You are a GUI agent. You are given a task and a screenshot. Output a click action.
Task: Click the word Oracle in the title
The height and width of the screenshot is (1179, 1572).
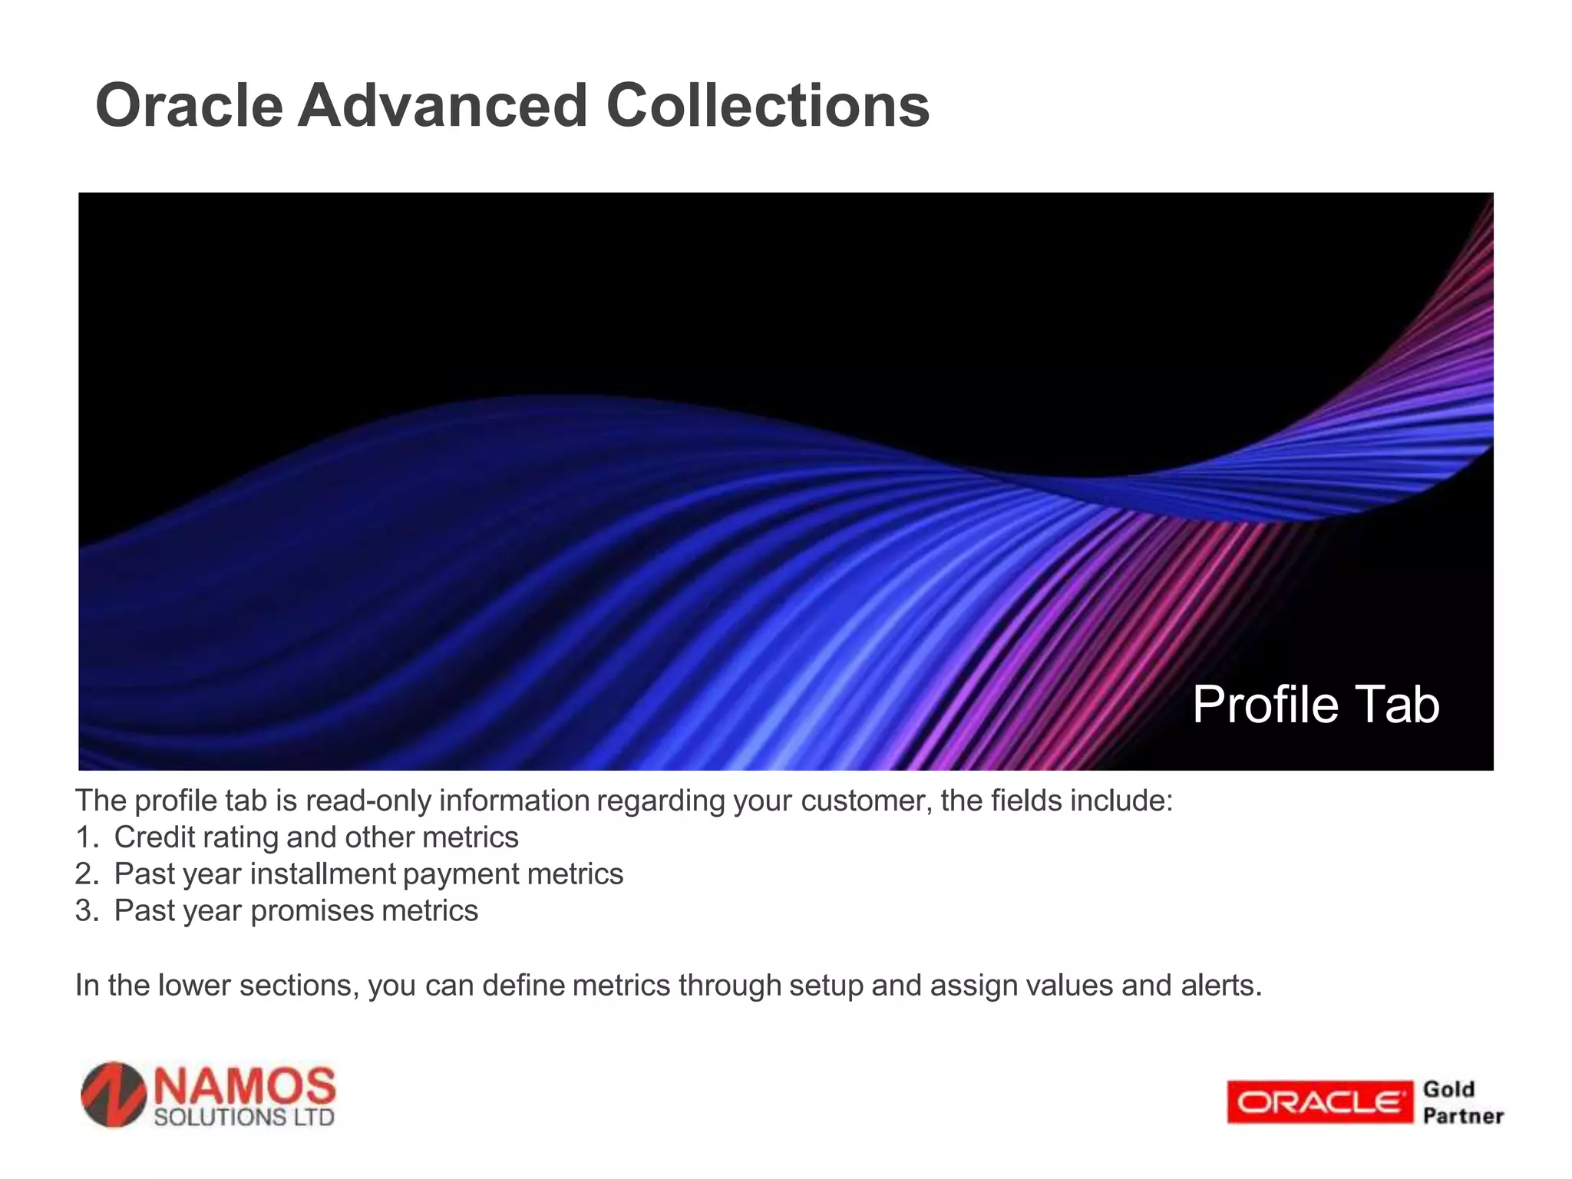coord(189,106)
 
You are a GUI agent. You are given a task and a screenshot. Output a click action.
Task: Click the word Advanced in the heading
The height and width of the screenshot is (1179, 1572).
coord(443,106)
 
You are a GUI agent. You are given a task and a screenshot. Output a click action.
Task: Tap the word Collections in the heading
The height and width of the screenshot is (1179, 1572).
coord(768,106)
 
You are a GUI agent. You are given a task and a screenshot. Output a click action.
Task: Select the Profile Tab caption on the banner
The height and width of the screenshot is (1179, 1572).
coord(1315,705)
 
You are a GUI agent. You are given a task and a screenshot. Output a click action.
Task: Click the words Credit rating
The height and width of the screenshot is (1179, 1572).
coord(196,837)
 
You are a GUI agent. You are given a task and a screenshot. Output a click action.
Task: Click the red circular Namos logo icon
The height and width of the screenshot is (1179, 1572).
coord(114,1095)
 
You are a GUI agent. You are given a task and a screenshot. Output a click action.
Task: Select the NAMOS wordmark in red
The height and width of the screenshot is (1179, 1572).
coord(245,1086)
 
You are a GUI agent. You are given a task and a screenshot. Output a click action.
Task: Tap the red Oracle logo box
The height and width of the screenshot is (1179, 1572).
coord(1319,1102)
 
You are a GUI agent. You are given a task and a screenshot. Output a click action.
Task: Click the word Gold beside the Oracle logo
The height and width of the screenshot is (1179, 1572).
coord(1448,1089)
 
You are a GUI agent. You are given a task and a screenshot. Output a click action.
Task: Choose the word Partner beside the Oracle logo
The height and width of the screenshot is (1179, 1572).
coord(1462,1116)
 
